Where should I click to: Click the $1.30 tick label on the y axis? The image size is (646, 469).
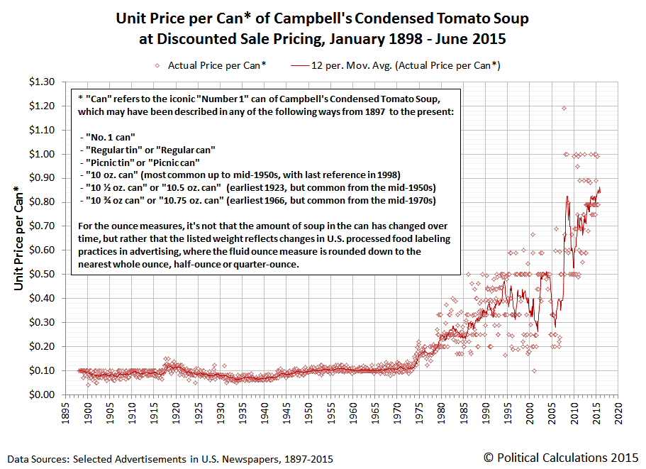[x=40, y=82]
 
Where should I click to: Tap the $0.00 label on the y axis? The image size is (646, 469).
[x=40, y=394]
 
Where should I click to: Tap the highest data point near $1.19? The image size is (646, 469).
[x=564, y=108]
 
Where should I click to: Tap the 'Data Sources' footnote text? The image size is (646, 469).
[x=171, y=459]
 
